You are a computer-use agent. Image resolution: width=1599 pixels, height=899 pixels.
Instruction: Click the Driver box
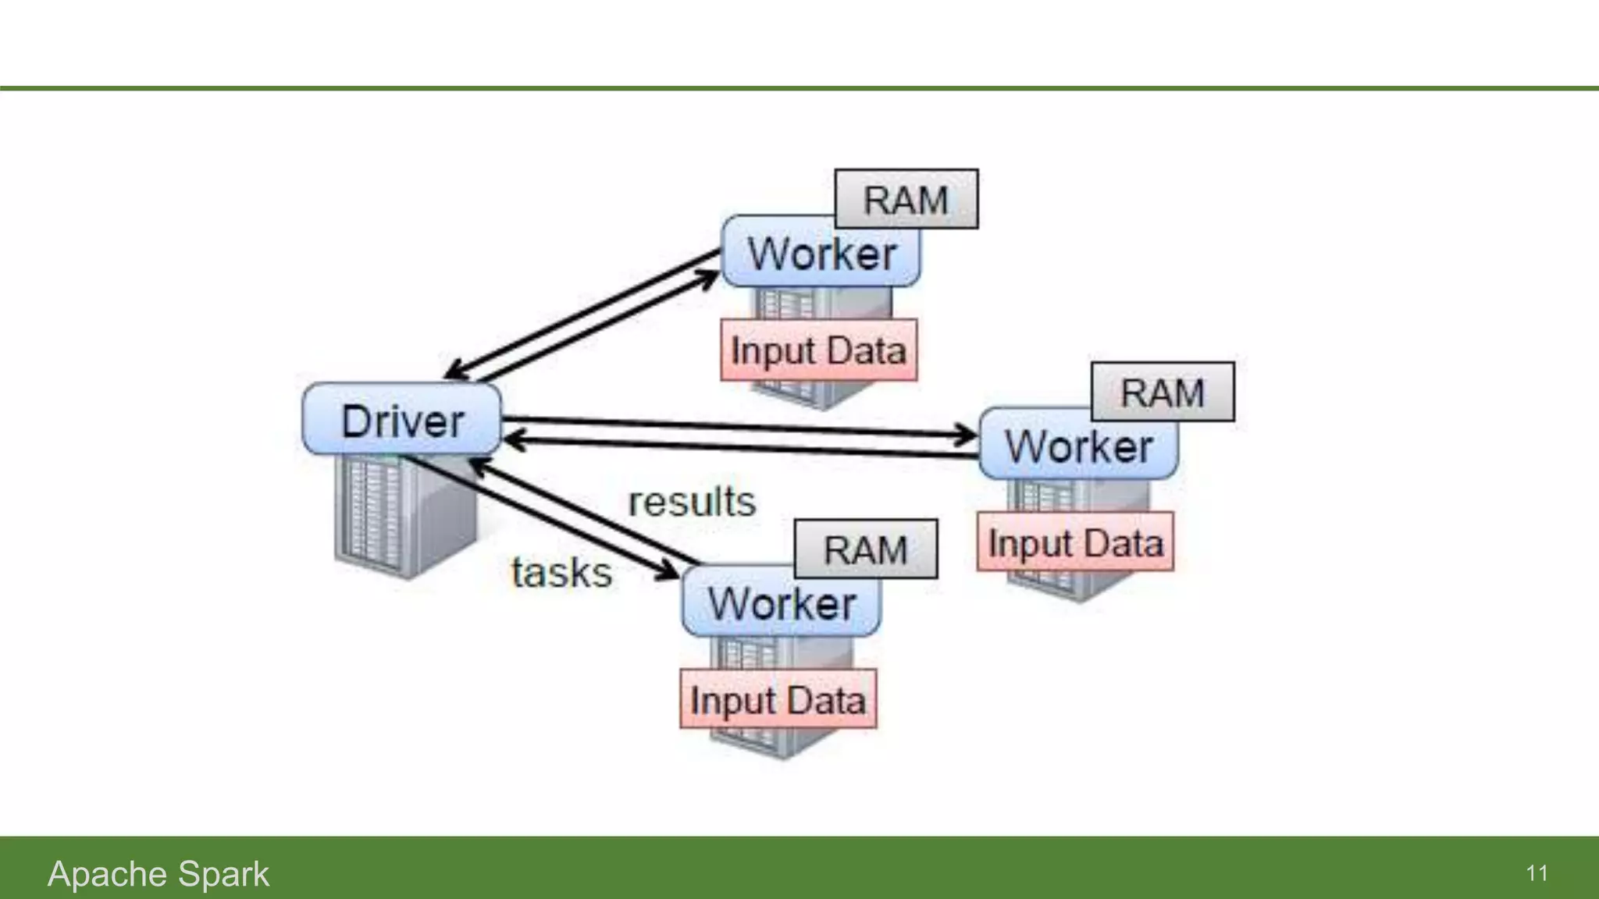pyautogui.click(x=401, y=419)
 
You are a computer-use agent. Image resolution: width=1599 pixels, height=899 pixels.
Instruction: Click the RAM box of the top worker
pyautogui.click(x=906, y=199)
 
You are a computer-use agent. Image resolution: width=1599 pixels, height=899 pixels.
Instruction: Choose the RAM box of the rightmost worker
pyautogui.click(x=1163, y=392)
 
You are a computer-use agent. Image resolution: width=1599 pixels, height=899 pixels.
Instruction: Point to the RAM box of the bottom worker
pyautogui.click(x=865, y=549)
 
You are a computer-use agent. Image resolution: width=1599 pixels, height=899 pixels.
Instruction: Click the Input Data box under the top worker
pyautogui.click(x=818, y=350)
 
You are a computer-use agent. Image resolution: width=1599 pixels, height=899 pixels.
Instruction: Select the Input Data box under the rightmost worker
pyautogui.click(x=1075, y=542)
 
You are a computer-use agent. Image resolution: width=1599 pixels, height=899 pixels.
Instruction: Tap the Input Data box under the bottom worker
pyautogui.click(x=778, y=700)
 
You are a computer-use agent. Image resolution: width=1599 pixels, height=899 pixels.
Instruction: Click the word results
pyautogui.click(x=692, y=502)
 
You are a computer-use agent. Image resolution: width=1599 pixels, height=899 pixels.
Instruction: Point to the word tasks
pyautogui.click(x=561, y=572)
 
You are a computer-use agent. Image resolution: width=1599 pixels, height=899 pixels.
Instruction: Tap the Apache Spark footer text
pyautogui.click(x=158, y=873)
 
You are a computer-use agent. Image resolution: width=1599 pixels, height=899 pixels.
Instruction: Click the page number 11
pyautogui.click(x=1537, y=873)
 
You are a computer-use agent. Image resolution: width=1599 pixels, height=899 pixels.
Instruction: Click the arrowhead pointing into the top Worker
pyautogui.click(x=709, y=277)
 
